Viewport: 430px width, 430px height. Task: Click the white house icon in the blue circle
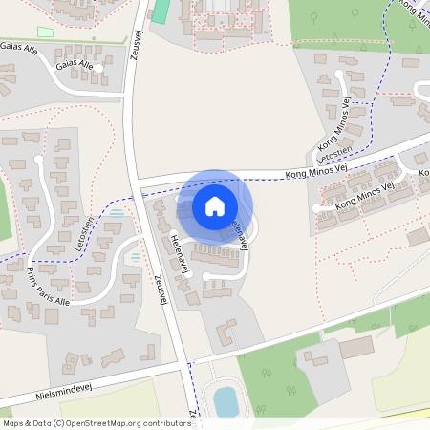(214, 205)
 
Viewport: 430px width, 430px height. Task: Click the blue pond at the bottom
(225, 401)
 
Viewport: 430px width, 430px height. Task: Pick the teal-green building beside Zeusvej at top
(161, 11)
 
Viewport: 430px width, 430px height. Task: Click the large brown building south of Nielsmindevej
(356, 346)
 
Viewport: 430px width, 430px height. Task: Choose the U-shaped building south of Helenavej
(226, 333)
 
